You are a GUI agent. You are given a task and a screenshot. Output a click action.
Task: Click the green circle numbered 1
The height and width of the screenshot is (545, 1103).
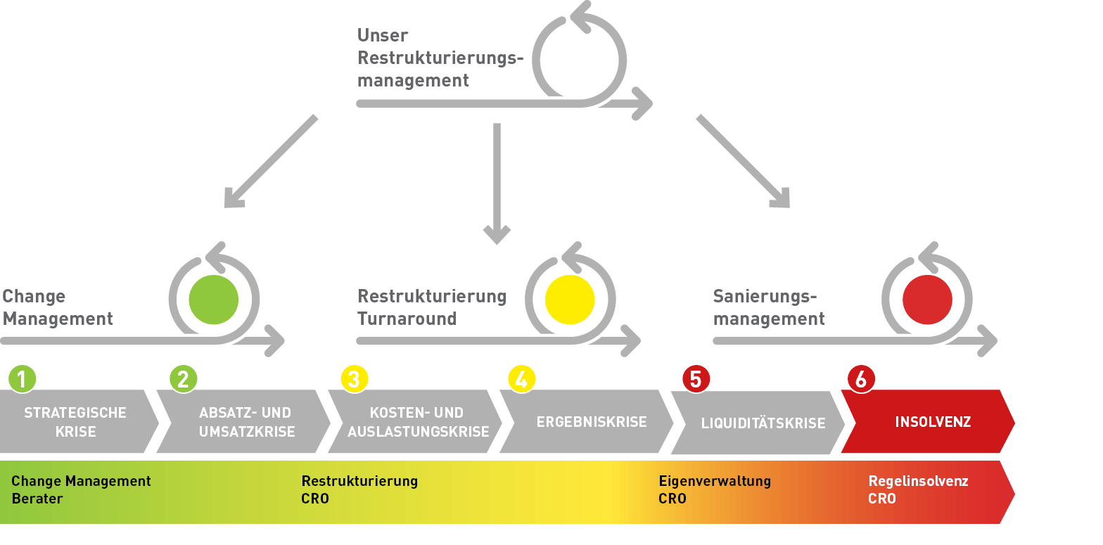(22, 379)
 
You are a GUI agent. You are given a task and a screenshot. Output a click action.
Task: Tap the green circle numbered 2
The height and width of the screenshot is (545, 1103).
(183, 379)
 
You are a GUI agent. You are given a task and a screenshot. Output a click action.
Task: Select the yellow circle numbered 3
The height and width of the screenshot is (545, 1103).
(354, 379)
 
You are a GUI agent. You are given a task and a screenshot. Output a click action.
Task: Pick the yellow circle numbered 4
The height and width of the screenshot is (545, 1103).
(521, 379)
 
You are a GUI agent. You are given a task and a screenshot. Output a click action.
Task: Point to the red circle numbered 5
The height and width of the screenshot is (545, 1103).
(696, 379)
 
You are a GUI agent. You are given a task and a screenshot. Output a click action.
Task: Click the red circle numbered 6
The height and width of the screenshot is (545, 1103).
(861, 379)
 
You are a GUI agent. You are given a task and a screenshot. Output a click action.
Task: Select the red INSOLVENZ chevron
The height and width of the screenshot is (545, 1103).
(929, 422)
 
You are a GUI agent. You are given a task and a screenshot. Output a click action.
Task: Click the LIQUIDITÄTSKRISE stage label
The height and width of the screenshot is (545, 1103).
(763, 423)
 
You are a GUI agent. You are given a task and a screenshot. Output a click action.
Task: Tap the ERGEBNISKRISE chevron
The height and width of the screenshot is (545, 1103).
(591, 422)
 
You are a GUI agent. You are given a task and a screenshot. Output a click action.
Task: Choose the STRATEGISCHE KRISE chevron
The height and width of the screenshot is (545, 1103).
(75, 422)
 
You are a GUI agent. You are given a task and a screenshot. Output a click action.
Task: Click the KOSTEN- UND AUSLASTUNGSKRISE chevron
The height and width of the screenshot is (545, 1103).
(418, 422)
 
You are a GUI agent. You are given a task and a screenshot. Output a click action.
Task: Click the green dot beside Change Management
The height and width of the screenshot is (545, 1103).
(214, 300)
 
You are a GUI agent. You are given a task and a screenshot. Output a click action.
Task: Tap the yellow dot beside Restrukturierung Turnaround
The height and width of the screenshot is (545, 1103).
(570, 300)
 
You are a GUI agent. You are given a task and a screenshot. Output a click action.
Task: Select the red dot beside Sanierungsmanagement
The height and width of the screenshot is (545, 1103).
(927, 300)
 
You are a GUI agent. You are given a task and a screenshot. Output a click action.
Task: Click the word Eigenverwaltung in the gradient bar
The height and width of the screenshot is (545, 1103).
(715, 482)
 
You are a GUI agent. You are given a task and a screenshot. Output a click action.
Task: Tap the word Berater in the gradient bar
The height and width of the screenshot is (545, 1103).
(37, 499)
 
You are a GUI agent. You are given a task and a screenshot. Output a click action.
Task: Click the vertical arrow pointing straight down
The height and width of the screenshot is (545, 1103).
(497, 183)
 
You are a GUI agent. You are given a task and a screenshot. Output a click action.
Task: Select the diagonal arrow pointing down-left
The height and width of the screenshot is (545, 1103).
(271, 161)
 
